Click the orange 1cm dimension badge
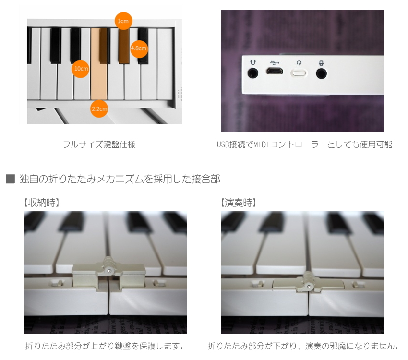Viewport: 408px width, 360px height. pyautogui.click(x=123, y=21)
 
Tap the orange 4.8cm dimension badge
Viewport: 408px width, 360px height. pyautogui.click(x=139, y=48)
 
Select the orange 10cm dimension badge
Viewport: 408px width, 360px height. pyautogui.click(x=81, y=69)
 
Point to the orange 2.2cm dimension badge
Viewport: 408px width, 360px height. pyautogui.click(x=99, y=108)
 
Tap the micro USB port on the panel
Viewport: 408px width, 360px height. pyautogui.click(x=275, y=72)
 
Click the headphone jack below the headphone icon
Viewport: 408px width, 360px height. pyautogui.click(x=252, y=73)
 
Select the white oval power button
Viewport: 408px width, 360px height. pyautogui.click(x=299, y=73)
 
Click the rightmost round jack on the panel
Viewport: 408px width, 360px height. pyautogui.click(x=321, y=73)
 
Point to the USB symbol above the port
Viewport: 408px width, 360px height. pyautogui.click(x=275, y=62)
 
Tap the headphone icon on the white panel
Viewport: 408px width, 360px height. pyautogui.click(x=252, y=62)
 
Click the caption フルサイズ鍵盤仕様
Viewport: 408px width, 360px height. pyautogui.click(x=99, y=144)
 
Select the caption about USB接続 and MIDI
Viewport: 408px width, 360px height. pyautogui.click(x=304, y=144)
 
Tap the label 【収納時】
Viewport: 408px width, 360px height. pyautogui.click(x=41, y=203)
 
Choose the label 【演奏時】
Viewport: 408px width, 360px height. pyautogui.click(x=238, y=203)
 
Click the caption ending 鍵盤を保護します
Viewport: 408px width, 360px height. pyautogui.click(x=105, y=346)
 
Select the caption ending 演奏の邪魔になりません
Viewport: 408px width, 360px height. pyautogui.click(x=303, y=346)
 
